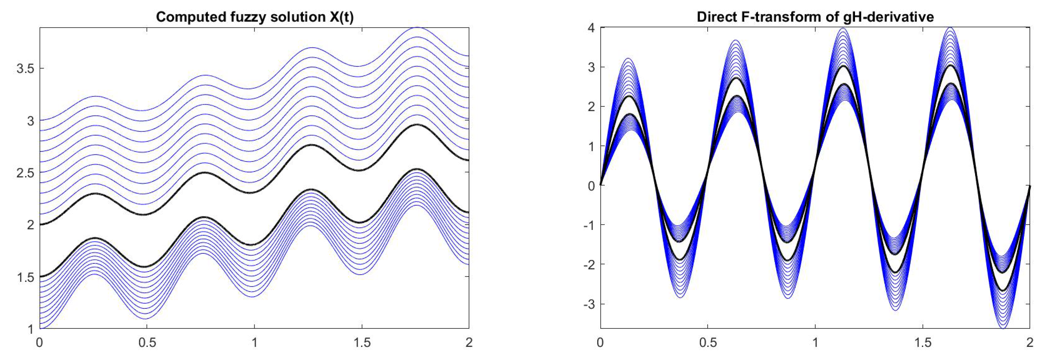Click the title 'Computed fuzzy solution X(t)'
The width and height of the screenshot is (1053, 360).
pos(254,17)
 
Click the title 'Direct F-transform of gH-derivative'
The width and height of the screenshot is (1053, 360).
pos(815,17)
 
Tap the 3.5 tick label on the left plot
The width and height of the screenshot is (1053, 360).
pos(25,68)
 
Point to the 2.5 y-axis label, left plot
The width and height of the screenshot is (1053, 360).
pos(25,172)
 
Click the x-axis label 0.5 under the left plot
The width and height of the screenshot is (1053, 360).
pos(147,342)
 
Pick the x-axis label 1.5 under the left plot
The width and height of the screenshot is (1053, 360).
pos(362,342)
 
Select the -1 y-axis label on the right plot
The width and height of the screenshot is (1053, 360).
pos(589,225)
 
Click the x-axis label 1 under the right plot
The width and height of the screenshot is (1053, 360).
pos(815,342)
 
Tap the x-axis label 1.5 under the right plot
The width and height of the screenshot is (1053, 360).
pos(923,342)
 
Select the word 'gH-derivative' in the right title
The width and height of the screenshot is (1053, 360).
pos(889,17)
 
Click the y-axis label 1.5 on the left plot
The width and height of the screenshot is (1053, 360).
pos(25,277)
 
